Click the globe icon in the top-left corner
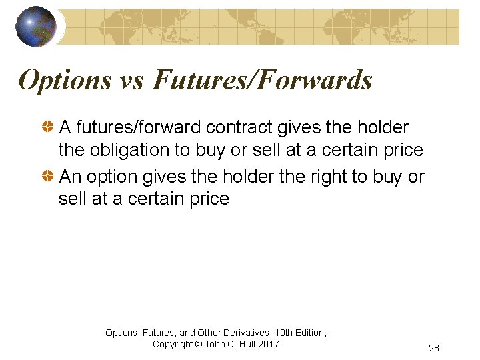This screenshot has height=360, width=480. [36, 26]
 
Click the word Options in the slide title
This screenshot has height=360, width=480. [65, 80]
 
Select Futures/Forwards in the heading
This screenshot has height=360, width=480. [262, 80]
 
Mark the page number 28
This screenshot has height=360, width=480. [434, 348]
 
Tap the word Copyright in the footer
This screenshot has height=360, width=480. [173, 344]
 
